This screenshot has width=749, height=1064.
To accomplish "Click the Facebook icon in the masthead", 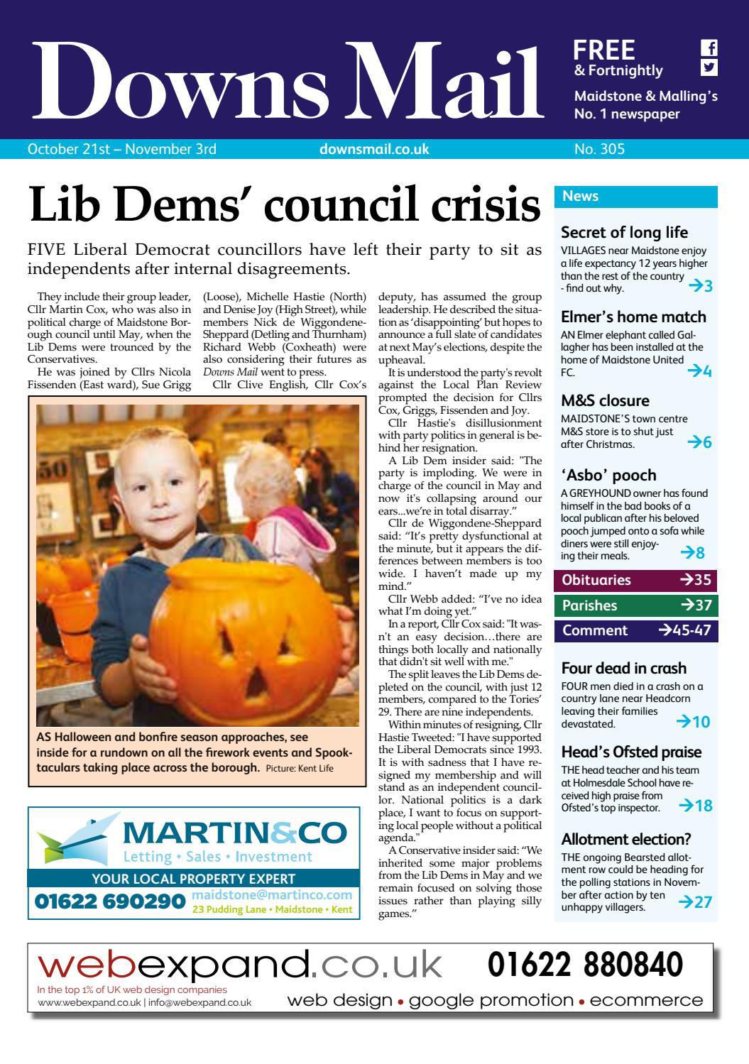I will point(709,48).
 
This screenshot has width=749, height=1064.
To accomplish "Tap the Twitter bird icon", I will point(709,68).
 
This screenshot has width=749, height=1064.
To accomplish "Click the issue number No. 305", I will point(599,149).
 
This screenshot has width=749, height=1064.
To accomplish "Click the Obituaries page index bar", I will point(635,580).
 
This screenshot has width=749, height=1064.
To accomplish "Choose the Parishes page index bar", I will point(635,605).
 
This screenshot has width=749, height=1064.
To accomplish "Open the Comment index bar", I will point(635,630).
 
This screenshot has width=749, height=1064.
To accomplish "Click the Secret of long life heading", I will point(624,232).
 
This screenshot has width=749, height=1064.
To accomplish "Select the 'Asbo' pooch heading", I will point(608,475).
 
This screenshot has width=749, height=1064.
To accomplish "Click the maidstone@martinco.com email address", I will point(272,896).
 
